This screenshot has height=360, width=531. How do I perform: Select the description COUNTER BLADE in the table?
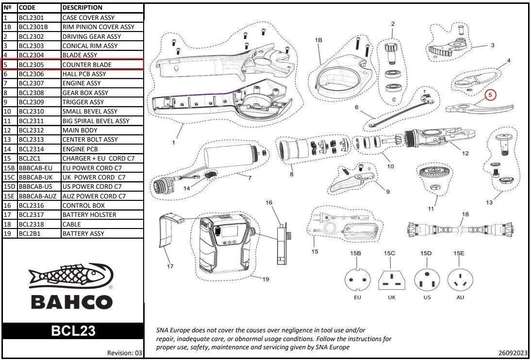[x=87, y=65]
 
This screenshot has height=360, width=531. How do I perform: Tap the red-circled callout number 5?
[x=490, y=95]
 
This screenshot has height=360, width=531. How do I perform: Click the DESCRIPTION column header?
[x=83, y=8]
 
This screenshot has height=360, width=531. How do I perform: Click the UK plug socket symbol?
[x=391, y=280]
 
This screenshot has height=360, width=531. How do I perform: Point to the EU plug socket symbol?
[x=357, y=280]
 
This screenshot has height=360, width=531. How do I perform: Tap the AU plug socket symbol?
[x=459, y=280]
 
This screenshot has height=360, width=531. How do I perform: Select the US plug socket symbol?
[x=427, y=280]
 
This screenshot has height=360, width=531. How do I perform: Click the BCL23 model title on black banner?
[x=73, y=331]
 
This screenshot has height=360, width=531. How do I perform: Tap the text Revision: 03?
[x=125, y=353]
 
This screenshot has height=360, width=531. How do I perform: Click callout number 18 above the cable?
[x=465, y=214]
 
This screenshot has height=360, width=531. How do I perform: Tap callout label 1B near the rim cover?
[x=319, y=40]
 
